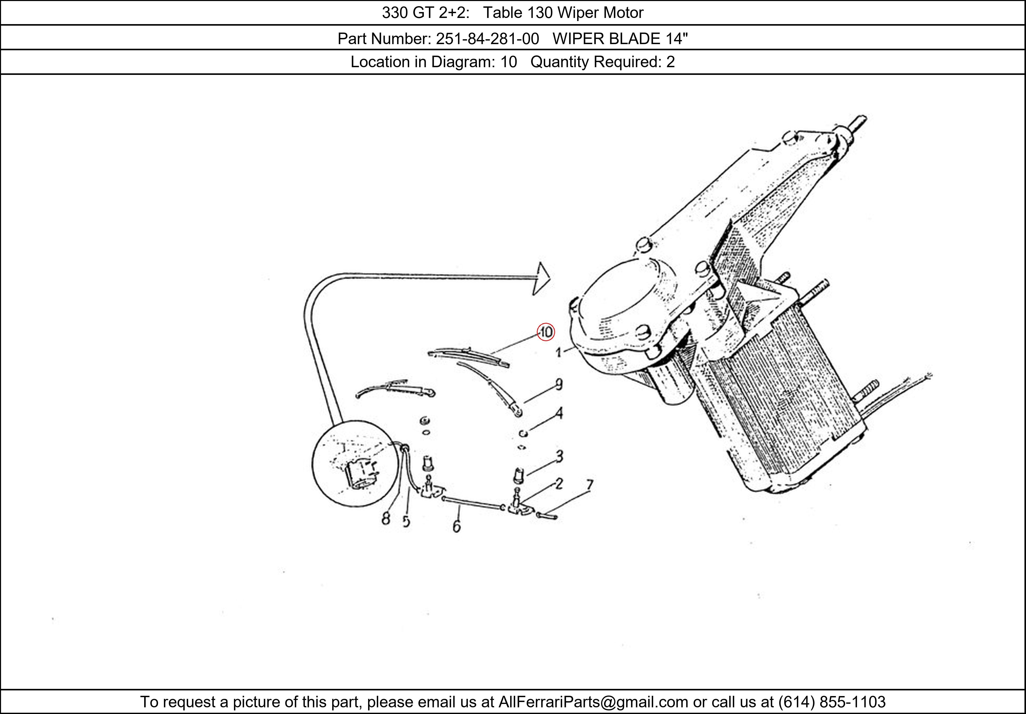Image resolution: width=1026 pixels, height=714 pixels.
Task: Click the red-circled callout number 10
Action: point(546,332)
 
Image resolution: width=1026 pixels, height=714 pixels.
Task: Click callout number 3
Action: point(559,456)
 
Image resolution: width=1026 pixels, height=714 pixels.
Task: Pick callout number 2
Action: point(559,483)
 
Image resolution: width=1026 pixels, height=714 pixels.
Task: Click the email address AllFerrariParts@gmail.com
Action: point(593,702)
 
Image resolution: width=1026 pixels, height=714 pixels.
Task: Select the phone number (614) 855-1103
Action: point(832,702)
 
